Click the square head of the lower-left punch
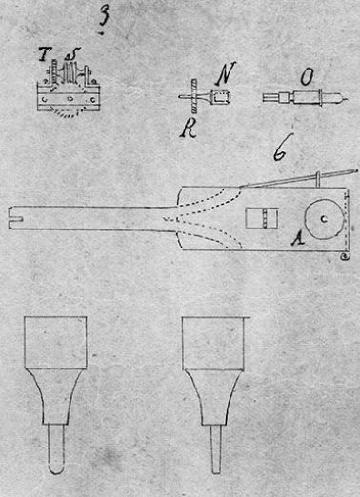(55, 343)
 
